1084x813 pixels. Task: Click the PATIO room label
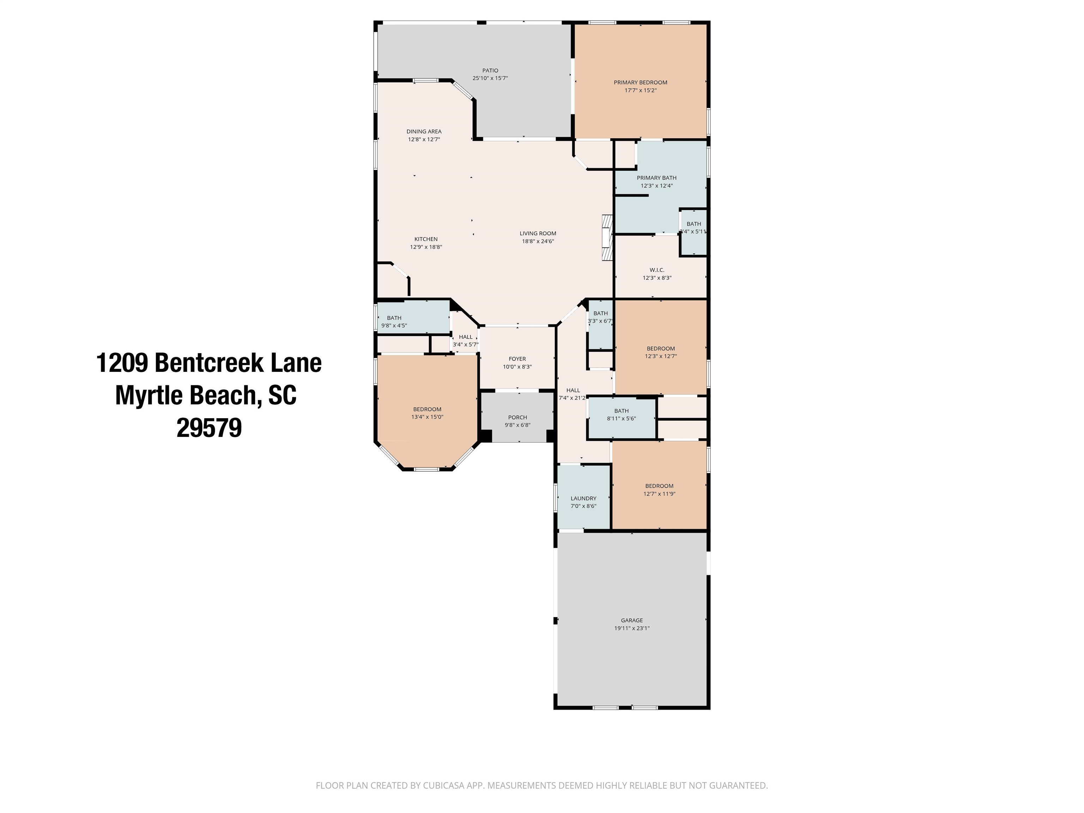pyautogui.click(x=490, y=71)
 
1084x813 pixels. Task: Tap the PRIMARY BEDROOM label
pyautogui.click(x=640, y=82)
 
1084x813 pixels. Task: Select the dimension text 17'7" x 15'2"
pyautogui.click(x=640, y=90)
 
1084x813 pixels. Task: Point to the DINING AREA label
pyautogui.click(x=424, y=131)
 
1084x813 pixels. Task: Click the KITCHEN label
pyautogui.click(x=426, y=239)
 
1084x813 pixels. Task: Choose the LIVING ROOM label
pyautogui.click(x=538, y=233)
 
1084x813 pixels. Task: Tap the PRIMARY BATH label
pyautogui.click(x=657, y=178)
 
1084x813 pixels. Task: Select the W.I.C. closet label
pyautogui.click(x=657, y=270)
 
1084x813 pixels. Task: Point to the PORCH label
pyautogui.click(x=518, y=417)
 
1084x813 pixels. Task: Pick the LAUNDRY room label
pyautogui.click(x=583, y=498)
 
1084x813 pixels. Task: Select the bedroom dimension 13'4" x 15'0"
pyautogui.click(x=427, y=417)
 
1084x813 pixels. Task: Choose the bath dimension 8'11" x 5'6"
pyautogui.click(x=621, y=419)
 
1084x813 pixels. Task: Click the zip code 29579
pyautogui.click(x=209, y=428)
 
